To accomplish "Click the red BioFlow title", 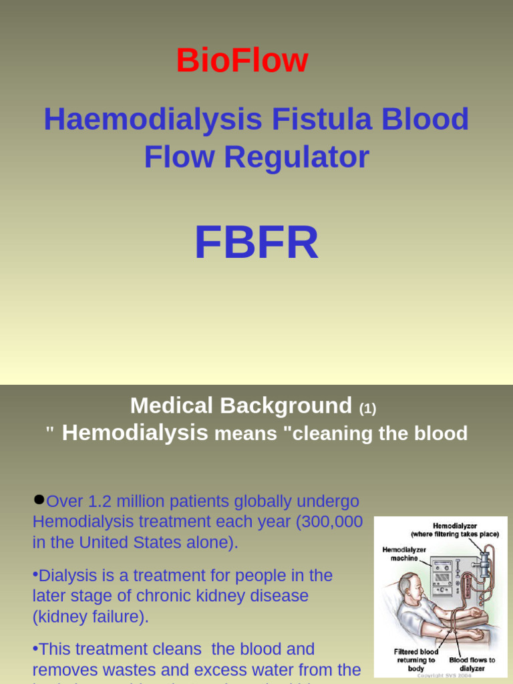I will (x=242, y=61).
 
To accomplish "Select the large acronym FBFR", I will (x=256, y=243).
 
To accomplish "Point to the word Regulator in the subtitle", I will (x=297, y=157).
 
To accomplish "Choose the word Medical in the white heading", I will (x=171, y=405).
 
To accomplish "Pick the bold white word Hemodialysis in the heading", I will (x=135, y=433).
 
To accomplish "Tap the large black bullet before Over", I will (x=39, y=499).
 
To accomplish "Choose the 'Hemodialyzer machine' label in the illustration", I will (x=404, y=554).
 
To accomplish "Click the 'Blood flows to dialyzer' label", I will (x=472, y=664).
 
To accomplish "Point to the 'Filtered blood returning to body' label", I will (x=416, y=660).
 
